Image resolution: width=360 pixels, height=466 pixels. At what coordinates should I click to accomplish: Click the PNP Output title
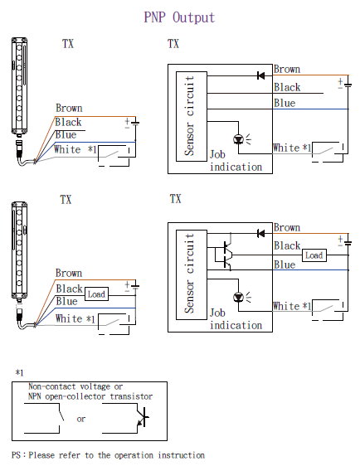[x=179, y=17]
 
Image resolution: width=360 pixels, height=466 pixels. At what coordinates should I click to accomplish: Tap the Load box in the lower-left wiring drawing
[x=96, y=294]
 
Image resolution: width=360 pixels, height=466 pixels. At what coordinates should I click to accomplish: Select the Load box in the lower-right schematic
[x=314, y=255]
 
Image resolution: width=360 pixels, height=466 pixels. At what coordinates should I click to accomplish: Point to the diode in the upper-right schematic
[x=260, y=75]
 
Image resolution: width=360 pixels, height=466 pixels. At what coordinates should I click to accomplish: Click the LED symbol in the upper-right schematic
[x=240, y=139]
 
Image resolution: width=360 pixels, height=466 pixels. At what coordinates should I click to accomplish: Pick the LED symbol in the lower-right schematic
[x=240, y=297]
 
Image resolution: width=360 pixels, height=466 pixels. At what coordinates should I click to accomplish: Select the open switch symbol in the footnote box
[x=61, y=415]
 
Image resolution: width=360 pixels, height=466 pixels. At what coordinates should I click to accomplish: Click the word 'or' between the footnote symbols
[x=80, y=419]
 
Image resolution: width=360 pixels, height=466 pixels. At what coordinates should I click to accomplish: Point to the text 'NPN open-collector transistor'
[x=90, y=396]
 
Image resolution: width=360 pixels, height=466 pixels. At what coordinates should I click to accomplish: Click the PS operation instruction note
[x=108, y=455]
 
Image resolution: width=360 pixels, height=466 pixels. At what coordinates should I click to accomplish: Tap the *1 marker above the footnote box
[x=19, y=372]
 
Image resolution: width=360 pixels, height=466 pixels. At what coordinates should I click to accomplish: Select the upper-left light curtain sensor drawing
[x=20, y=101]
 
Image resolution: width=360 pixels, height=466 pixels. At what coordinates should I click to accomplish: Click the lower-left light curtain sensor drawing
[x=20, y=265]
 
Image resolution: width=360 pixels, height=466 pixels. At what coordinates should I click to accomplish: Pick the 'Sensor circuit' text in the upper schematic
[x=189, y=116]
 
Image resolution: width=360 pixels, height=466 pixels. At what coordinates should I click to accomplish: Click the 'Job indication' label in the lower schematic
[x=236, y=319]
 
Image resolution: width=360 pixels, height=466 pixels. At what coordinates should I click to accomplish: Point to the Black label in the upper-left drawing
[x=68, y=122]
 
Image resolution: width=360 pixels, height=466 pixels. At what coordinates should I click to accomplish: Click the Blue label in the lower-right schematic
[x=285, y=265]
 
